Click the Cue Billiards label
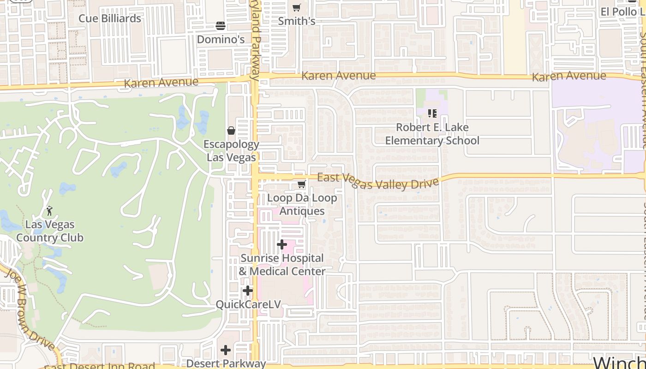pyautogui.click(x=110, y=18)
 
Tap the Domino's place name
pyautogui.click(x=221, y=40)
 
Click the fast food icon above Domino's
pyautogui.click(x=221, y=25)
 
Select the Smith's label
pyautogui.click(x=297, y=21)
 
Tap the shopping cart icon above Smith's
pyautogui.click(x=296, y=8)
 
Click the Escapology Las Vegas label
pyautogui.click(x=231, y=151)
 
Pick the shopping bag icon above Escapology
pyautogui.click(x=231, y=131)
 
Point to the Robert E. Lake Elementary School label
pyautogui.click(x=432, y=134)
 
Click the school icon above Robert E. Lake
pyautogui.click(x=432, y=113)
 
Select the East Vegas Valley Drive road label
pyautogui.click(x=378, y=181)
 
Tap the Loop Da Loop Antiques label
pyautogui.click(x=302, y=204)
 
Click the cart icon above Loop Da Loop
pyautogui.click(x=301, y=184)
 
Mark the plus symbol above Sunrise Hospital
pyautogui.click(x=282, y=244)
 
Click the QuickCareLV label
pyautogui.click(x=248, y=305)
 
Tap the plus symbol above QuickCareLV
pyautogui.click(x=248, y=291)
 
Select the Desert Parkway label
pyautogui.click(x=226, y=363)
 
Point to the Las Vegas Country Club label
pyautogui.click(x=50, y=231)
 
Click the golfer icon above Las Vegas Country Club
pyautogui.click(x=49, y=211)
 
